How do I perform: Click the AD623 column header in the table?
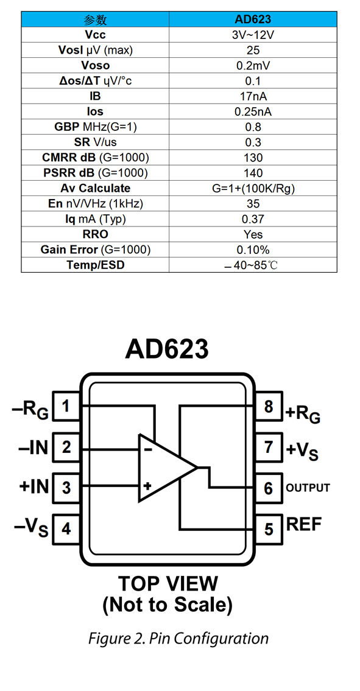253,19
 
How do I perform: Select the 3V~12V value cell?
253,35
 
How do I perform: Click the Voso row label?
95,65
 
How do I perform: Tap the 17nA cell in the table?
253,96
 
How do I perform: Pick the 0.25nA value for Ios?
253,111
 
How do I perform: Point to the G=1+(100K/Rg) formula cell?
253,188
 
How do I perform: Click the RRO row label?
95,234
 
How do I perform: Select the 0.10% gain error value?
253,250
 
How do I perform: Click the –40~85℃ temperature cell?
253,265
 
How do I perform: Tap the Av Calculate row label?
95,188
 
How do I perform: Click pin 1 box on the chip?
66,406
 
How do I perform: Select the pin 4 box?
66,528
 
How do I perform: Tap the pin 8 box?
268,406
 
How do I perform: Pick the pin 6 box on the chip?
268,488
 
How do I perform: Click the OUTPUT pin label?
308,488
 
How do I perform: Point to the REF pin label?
304,524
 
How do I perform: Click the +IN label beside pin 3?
34,487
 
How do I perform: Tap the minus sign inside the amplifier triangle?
148,450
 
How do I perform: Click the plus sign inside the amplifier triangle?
148,486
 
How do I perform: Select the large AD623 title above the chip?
167,349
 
